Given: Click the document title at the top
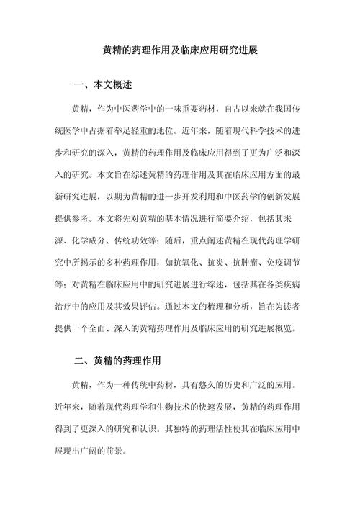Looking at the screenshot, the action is click(180, 53).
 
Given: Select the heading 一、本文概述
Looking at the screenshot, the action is click(103, 85).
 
